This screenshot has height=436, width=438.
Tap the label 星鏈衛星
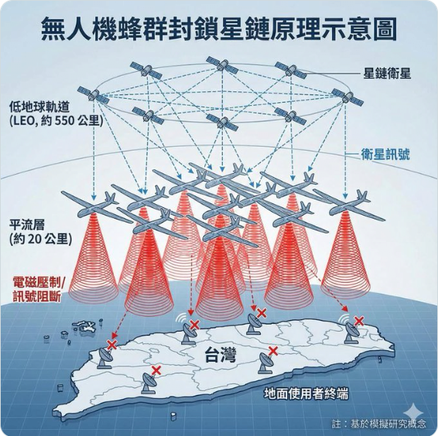coord(387,73)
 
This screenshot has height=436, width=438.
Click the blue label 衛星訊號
coord(385,154)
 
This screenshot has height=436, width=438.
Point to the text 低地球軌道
coord(39,107)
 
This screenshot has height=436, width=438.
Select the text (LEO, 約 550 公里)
coord(56,121)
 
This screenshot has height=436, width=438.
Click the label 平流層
coord(27,225)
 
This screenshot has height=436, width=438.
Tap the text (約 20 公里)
coord(40,239)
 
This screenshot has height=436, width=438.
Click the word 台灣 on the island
coord(221,355)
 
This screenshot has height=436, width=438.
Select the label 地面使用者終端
coord(306,394)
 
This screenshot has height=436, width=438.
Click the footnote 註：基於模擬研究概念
coord(379,424)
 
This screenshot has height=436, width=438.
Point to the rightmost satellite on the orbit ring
coord(347,97)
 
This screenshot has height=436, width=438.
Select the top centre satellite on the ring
coord(222,65)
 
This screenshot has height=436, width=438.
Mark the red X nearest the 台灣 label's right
coord(273,351)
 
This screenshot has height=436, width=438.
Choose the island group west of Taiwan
coord(84,326)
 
